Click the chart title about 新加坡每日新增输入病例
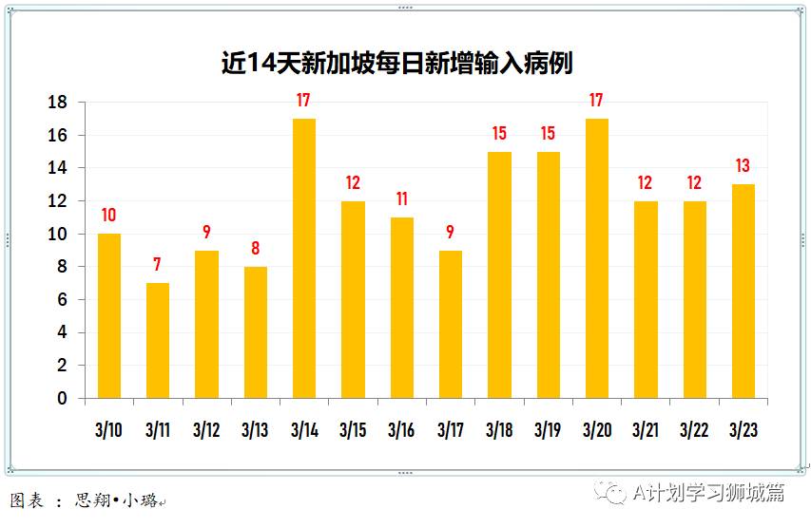tap(396, 63)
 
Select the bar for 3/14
tap(304, 257)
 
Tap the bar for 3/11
tap(158, 340)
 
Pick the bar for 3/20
tap(596, 257)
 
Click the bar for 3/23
tap(743, 291)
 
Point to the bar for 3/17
tap(451, 324)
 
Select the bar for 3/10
tap(109, 315)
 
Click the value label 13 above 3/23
tap(743, 166)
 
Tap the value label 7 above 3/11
tap(158, 265)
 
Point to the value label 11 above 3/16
tap(401, 199)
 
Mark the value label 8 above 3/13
tap(255, 249)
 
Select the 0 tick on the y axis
tap(63, 399)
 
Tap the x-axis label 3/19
tap(548, 430)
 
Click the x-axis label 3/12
tap(206, 430)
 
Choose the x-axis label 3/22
tap(694, 430)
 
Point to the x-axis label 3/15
tap(353, 430)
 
